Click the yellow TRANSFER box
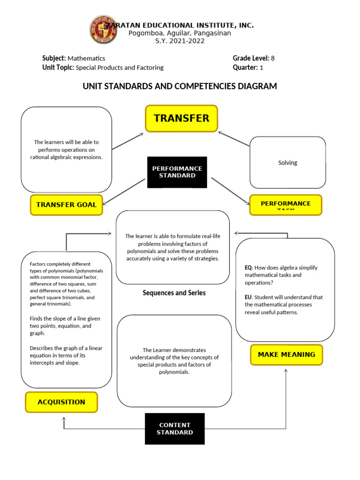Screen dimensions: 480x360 (x=181, y=118)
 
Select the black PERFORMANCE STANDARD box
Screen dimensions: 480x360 (x=177, y=172)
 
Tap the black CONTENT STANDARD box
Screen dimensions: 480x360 (x=174, y=428)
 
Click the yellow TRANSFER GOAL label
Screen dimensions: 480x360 (x=66, y=204)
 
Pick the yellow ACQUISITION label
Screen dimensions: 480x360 (x=61, y=402)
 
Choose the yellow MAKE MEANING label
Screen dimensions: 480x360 (x=287, y=354)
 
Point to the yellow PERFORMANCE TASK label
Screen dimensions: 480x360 (x=285, y=204)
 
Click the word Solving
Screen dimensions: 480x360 (x=287, y=163)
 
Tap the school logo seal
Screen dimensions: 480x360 (x=102, y=30)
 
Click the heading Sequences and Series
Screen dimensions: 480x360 (x=174, y=293)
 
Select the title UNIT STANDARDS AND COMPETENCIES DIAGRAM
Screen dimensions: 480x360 (x=180, y=86)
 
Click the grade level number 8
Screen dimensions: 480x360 (x=272, y=58)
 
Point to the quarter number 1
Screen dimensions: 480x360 (x=262, y=67)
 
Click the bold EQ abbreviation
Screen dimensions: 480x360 (x=248, y=268)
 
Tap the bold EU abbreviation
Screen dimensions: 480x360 (x=248, y=297)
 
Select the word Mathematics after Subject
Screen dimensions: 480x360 (x=86, y=59)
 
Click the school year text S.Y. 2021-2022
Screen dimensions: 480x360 (x=180, y=41)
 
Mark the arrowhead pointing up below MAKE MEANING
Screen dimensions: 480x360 (x=286, y=371)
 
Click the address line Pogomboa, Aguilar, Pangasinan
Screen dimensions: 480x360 (x=180, y=33)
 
